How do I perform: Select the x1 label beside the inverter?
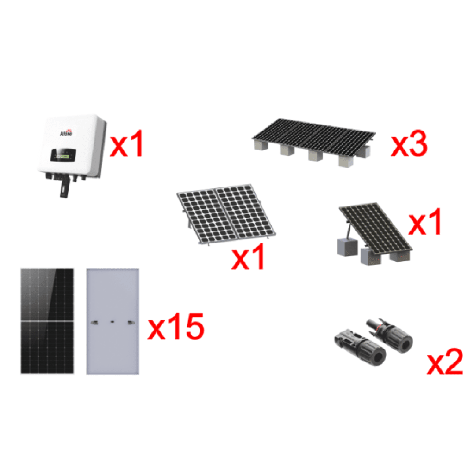126,145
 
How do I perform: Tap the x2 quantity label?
444,363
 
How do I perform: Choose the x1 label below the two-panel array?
249,258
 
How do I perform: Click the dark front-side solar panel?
47,320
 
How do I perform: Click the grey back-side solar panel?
113,320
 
